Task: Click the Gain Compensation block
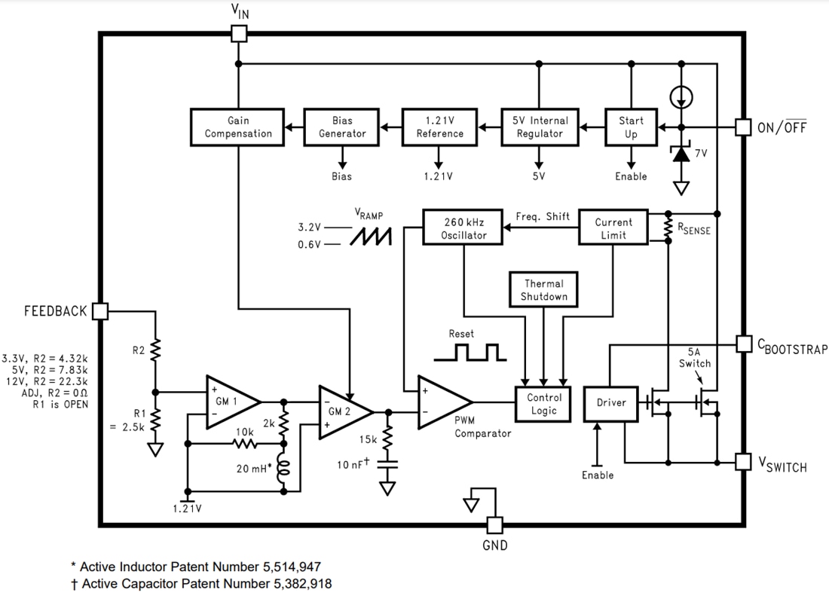pyautogui.click(x=237, y=127)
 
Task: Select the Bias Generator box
pyautogui.click(x=341, y=127)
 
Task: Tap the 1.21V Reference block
pyautogui.click(x=439, y=127)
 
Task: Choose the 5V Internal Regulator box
pyautogui.click(x=539, y=127)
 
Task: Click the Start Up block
pyautogui.click(x=631, y=127)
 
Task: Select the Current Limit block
pyautogui.click(x=613, y=228)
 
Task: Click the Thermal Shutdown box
pyautogui.click(x=543, y=290)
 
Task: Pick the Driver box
pyautogui.click(x=610, y=403)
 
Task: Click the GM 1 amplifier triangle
pyautogui.click(x=230, y=402)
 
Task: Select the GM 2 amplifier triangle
pyautogui.click(x=342, y=411)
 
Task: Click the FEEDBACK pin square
pyautogui.click(x=99, y=311)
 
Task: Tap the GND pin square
pyautogui.click(x=494, y=524)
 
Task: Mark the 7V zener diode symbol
pyautogui.click(x=681, y=154)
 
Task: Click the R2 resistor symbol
pyautogui.click(x=155, y=350)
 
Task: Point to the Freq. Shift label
pyautogui.click(x=542, y=217)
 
